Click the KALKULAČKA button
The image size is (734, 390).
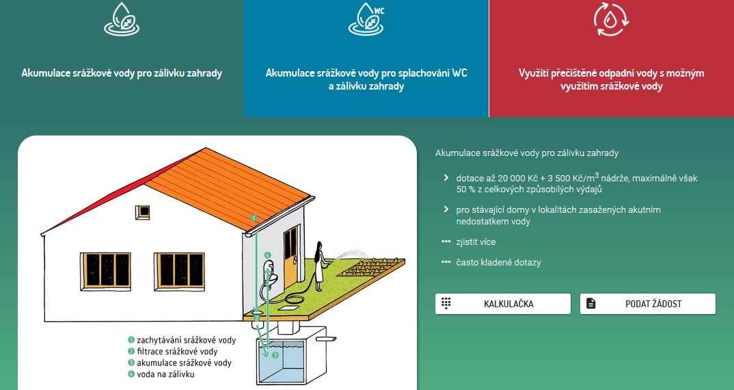click(x=503, y=304)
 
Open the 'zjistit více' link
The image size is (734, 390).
click(x=476, y=242)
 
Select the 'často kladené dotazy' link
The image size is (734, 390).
click(x=498, y=263)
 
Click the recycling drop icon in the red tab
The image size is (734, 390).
click(x=612, y=20)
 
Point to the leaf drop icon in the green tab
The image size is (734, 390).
click(x=122, y=19)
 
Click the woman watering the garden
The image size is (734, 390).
click(x=320, y=266)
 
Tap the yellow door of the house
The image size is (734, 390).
click(x=290, y=256)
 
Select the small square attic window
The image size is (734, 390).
click(x=142, y=212)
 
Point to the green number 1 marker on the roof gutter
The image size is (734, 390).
click(x=254, y=218)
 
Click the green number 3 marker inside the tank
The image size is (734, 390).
click(x=275, y=355)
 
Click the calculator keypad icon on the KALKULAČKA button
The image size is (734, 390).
click(x=446, y=303)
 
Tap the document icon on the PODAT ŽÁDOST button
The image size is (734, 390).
click(x=590, y=303)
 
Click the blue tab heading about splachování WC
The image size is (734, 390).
click(x=366, y=79)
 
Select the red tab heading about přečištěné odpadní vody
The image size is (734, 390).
click(x=612, y=79)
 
